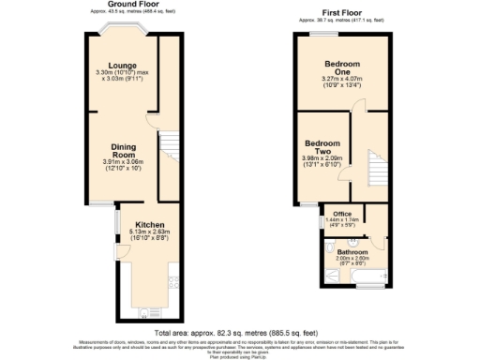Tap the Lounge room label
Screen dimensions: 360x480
123,66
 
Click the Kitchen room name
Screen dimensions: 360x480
124,225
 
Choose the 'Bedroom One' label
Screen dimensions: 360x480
341,67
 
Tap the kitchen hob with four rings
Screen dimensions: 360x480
172,280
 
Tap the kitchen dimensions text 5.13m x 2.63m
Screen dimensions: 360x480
124,233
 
